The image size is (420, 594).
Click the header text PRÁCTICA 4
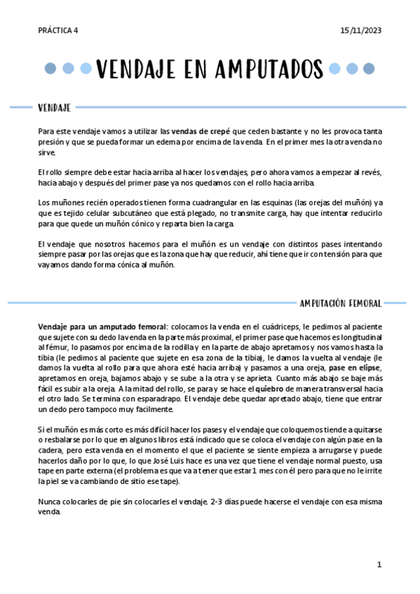[58, 30]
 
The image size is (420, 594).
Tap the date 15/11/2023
[361, 30]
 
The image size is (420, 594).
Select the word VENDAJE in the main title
[136, 70]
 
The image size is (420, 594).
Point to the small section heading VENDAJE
[54, 108]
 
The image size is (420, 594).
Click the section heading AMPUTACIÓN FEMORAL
[340, 303]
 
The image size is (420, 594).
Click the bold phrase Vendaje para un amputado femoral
[102, 326]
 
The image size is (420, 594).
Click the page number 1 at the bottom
[379, 565]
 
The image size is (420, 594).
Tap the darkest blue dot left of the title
[50, 69]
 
